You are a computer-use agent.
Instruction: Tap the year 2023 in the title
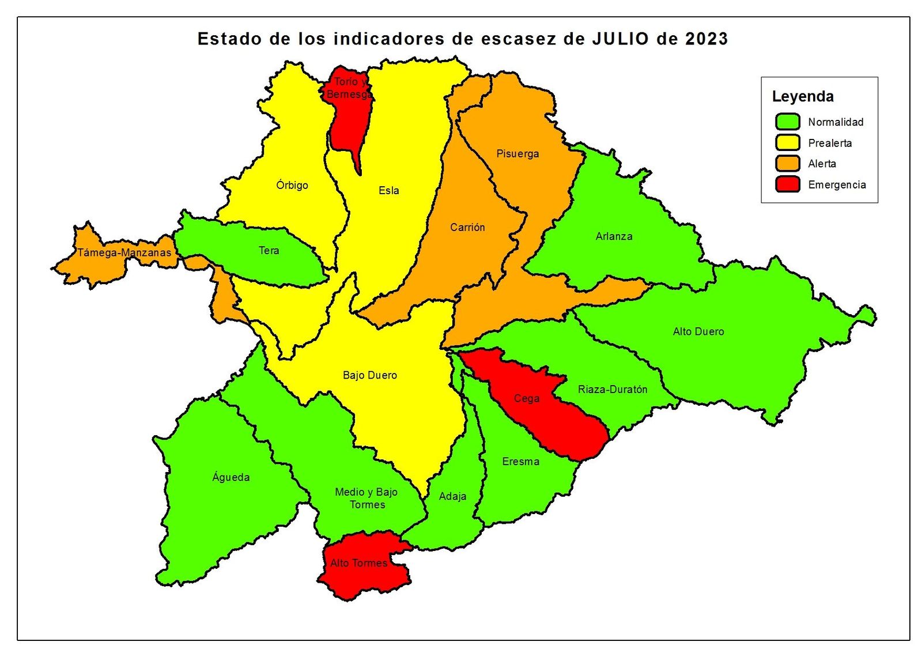point(706,39)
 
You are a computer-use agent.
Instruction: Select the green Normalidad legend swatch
point(787,122)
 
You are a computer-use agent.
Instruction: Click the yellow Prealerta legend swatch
point(787,142)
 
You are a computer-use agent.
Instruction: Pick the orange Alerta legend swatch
point(787,163)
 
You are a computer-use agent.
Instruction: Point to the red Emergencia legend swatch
point(787,184)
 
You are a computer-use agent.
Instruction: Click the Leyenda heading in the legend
point(803,96)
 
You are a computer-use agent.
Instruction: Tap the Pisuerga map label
point(517,154)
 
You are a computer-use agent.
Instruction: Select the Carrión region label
point(467,228)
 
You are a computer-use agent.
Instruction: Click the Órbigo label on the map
point(292,185)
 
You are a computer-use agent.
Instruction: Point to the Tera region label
point(269,251)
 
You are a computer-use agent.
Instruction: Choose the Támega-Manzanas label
point(124,252)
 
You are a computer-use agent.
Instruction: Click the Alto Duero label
point(698,331)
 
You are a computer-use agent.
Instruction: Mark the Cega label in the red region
point(527,398)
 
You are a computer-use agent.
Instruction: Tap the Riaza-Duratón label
point(613,390)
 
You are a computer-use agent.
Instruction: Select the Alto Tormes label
point(358,563)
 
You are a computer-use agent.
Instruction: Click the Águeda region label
point(231,477)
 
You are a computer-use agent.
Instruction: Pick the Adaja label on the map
point(452,496)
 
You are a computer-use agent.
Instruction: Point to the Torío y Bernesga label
point(349,88)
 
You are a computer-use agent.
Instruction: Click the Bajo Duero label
point(370,375)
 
